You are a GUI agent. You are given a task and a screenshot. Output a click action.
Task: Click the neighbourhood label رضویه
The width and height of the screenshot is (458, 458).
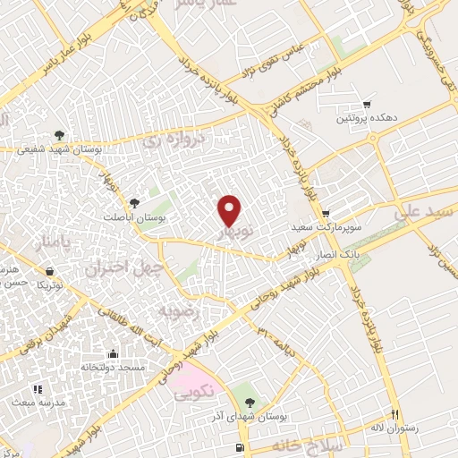click(175, 310)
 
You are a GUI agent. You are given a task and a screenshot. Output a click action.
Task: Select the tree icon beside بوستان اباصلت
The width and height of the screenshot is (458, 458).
click(133, 203)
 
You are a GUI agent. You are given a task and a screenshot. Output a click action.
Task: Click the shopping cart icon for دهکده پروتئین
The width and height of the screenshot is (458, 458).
click(365, 103)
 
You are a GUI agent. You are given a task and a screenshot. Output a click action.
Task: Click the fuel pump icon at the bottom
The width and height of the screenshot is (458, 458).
click(238, 446)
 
